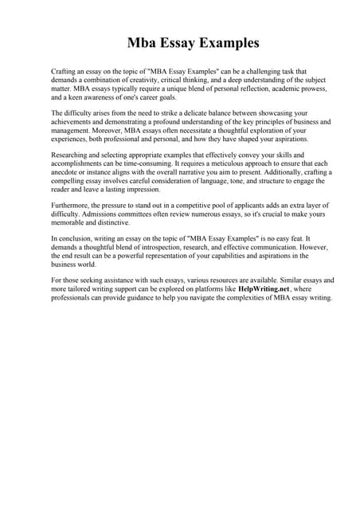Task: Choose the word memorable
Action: [x=73, y=223]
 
